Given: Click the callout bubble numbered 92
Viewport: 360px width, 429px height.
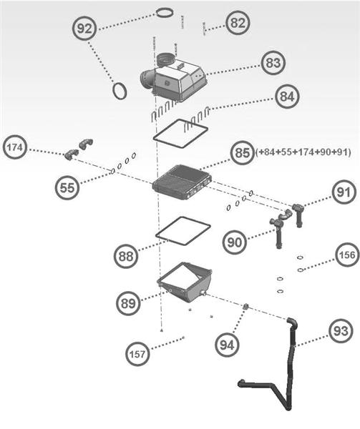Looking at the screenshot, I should [x=85, y=29].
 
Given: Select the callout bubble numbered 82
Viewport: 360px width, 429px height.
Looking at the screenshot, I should [x=237, y=22].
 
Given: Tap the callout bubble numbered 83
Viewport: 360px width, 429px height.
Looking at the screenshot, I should [x=271, y=63].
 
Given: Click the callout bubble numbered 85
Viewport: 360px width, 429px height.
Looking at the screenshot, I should [x=243, y=153].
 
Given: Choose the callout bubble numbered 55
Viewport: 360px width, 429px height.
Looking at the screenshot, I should [x=67, y=187].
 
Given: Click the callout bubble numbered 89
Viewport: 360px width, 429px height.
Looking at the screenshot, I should [x=128, y=303].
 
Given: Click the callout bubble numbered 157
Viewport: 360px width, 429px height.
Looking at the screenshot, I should [x=137, y=352].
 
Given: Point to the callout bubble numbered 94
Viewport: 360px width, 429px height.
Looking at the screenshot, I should [x=227, y=345].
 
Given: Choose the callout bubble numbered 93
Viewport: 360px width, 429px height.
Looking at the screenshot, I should [x=340, y=330].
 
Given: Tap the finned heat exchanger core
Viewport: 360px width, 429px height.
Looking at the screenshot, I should [x=182, y=182].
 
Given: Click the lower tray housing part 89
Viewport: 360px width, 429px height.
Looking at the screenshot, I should [x=184, y=282].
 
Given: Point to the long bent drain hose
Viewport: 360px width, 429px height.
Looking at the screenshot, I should [x=290, y=365].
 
